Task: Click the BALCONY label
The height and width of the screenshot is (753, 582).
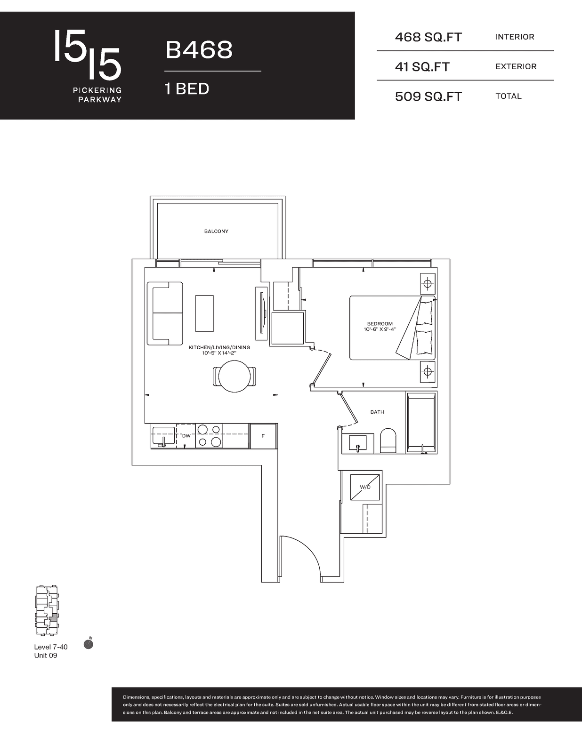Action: (216, 231)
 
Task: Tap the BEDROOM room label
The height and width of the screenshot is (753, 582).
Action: (380, 324)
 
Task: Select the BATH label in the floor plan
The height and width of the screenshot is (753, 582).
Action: (377, 412)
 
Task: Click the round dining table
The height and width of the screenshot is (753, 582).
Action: (234, 376)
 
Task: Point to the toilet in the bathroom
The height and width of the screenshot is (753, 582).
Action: (388, 441)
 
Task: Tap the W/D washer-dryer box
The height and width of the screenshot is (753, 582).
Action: (365, 487)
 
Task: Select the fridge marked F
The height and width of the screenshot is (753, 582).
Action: (263, 436)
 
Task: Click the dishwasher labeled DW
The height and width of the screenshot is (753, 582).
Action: (186, 436)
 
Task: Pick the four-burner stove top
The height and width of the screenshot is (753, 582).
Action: (210, 436)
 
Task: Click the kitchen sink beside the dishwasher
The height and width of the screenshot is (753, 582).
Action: (163, 436)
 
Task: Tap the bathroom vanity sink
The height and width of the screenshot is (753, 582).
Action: (358, 443)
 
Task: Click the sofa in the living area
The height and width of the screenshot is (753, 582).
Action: (165, 313)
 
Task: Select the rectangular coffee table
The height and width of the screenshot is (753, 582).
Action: (204, 313)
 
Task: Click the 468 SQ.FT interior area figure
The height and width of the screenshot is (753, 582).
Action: (428, 37)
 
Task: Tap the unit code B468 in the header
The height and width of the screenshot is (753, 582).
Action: (199, 49)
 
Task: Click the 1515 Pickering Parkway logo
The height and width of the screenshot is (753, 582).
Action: (88, 66)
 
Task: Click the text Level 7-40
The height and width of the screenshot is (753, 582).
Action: (51, 647)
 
